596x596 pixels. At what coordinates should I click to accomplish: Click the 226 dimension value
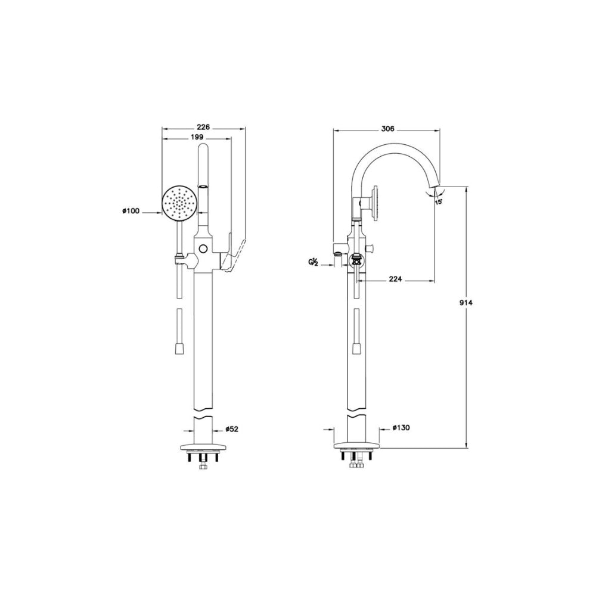203,127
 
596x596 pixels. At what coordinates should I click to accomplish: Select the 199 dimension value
197,137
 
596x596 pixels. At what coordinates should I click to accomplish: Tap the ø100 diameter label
131,211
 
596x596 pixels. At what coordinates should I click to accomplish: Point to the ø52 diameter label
231,429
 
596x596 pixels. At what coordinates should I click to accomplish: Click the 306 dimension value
387,129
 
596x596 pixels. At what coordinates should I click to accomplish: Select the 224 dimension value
395,280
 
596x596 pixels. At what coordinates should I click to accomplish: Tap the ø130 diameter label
401,427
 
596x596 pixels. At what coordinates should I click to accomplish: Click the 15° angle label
439,202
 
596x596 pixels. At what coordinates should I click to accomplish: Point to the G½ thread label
313,262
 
